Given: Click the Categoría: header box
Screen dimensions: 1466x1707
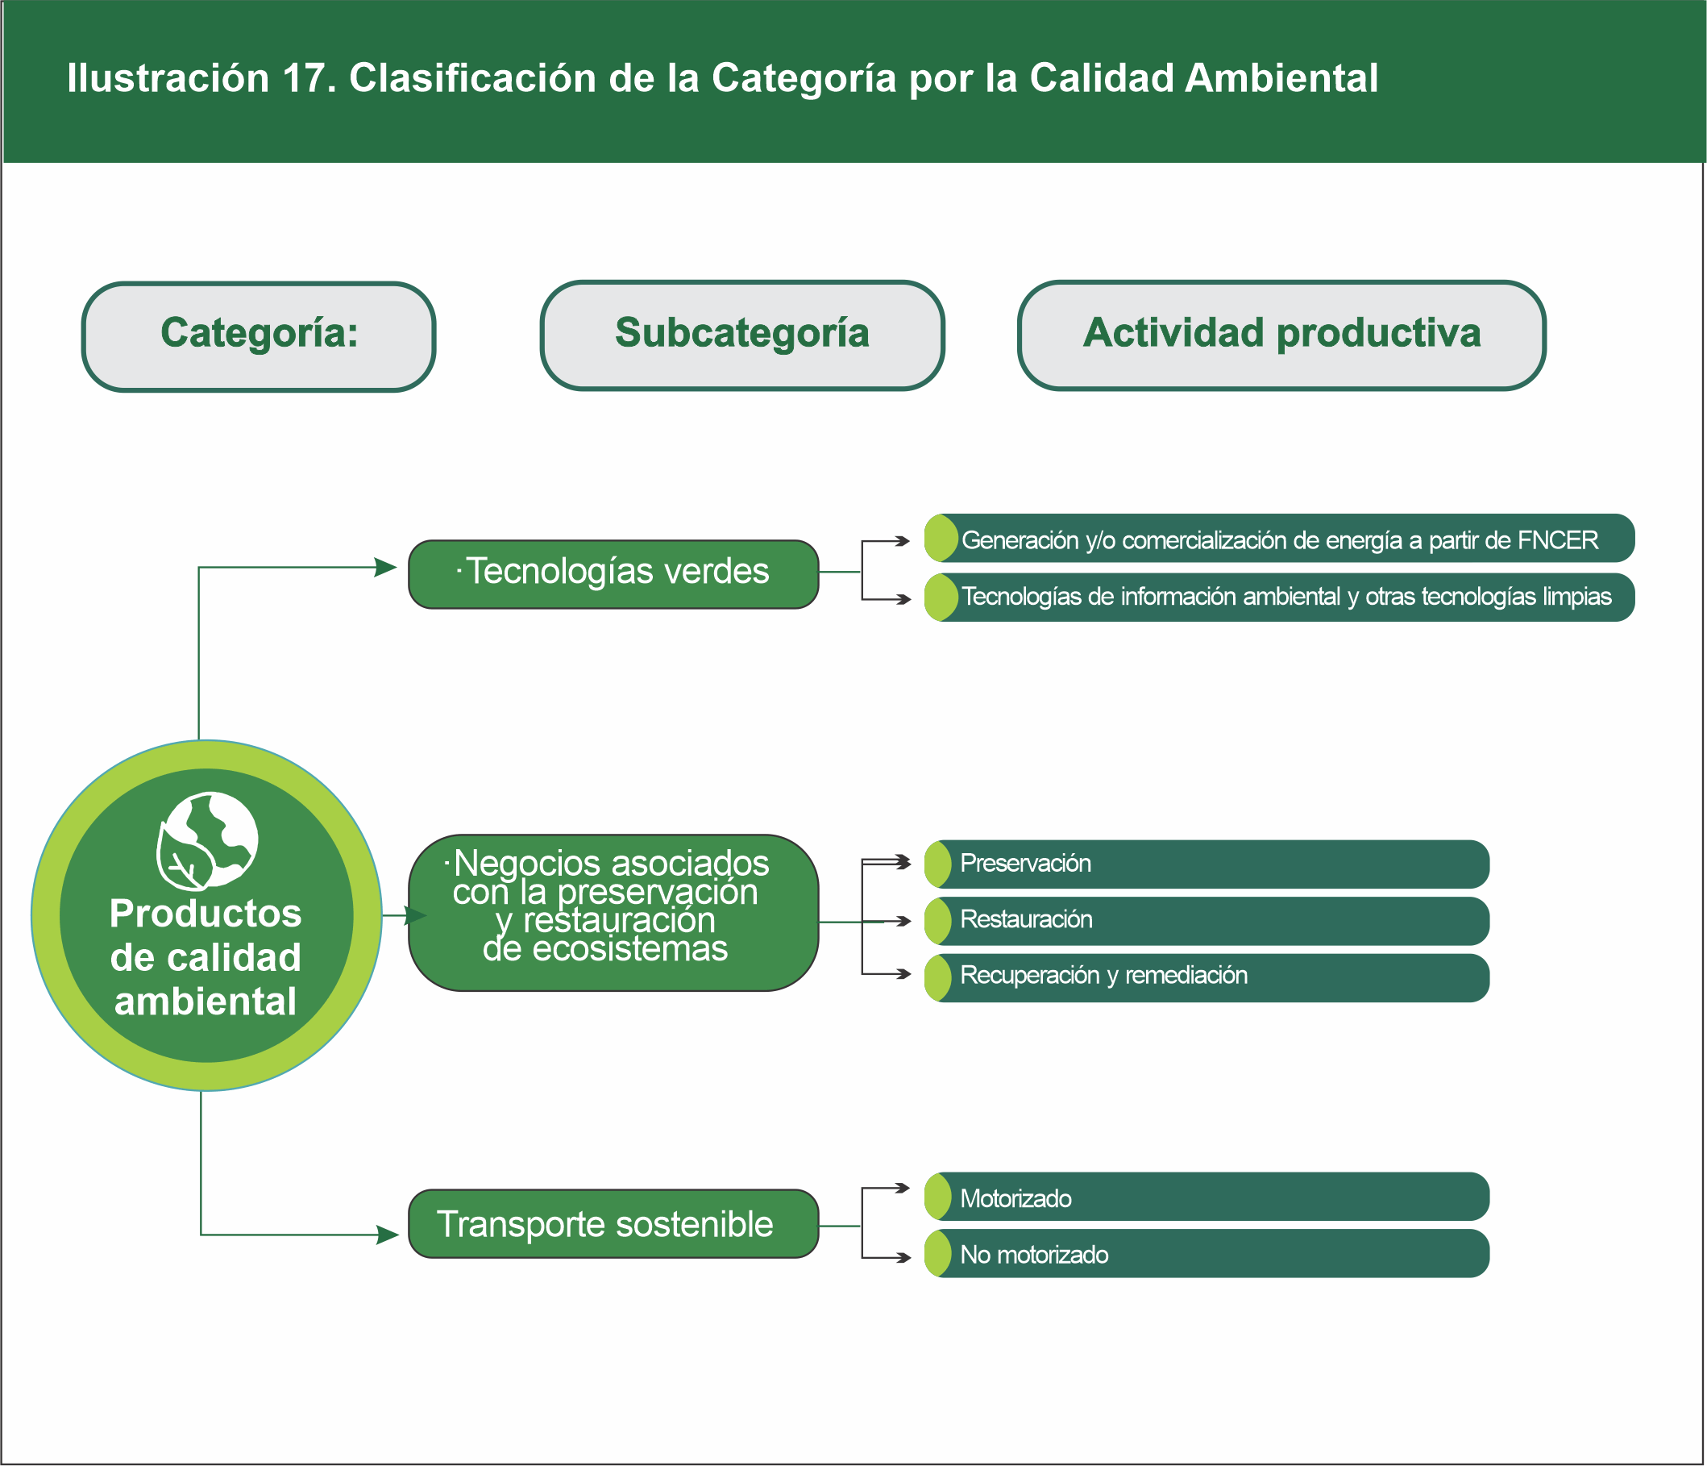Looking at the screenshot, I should (259, 336).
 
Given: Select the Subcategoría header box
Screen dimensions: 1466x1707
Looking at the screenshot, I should (742, 335).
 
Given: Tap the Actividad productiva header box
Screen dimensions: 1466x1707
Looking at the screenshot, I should (1281, 335).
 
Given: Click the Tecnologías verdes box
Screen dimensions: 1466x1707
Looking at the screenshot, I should (614, 573).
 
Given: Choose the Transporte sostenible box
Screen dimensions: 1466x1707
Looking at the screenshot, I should (614, 1224).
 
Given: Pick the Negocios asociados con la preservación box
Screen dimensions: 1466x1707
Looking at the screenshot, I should (614, 912).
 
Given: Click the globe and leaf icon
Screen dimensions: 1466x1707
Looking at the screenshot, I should (207, 840).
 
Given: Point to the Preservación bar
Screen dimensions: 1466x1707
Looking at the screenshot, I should (1208, 864).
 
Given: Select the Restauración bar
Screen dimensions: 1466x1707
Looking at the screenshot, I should (1208, 920).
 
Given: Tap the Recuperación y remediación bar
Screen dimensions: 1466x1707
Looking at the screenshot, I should (1208, 977).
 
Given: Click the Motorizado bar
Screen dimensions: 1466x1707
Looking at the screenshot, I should (1208, 1197).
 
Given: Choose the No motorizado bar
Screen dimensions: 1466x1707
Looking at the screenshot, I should (1208, 1253).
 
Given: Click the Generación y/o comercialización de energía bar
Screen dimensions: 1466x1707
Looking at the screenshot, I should (1279, 539).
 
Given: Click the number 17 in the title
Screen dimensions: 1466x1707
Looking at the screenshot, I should (305, 79).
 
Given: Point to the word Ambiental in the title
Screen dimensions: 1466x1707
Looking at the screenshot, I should (1282, 79).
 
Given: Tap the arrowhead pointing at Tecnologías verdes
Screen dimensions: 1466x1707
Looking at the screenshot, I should (386, 567).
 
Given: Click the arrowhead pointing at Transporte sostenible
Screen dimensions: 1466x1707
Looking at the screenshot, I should (388, 1235).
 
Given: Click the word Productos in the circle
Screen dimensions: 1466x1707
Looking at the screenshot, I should (206, 913).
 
